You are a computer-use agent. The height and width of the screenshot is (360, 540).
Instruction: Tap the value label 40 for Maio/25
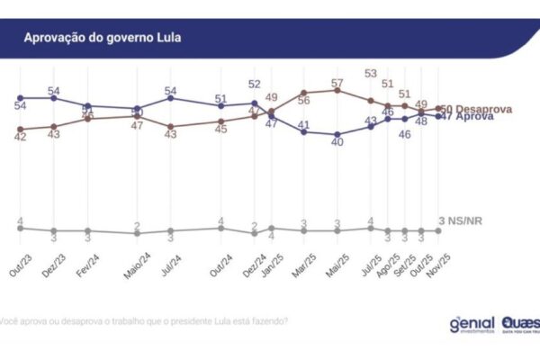point(337,143)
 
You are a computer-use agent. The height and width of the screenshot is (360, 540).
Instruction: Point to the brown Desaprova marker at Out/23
point(20,129)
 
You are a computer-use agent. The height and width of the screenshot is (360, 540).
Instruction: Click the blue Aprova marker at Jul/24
point(170,97)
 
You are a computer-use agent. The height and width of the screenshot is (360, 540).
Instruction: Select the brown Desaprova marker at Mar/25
point(304,93)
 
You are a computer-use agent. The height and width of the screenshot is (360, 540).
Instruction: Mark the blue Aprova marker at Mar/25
point(304,131)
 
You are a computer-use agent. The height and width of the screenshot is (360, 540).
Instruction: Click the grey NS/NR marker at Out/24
point(220,228)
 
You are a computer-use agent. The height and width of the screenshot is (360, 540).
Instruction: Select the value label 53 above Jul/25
point(371,74)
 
